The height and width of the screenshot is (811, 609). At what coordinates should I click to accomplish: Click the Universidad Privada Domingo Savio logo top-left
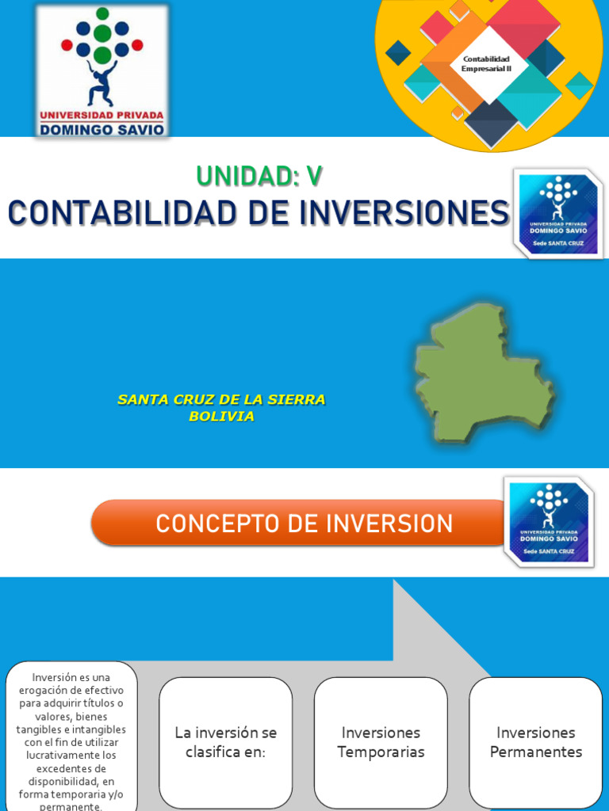102,72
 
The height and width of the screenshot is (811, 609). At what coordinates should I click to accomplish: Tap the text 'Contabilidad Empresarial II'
485,63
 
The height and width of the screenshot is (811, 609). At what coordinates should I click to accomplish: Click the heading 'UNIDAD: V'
259,176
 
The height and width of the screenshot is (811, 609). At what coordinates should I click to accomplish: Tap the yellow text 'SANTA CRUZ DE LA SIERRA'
221,400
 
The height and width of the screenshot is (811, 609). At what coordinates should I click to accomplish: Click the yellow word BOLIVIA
221,417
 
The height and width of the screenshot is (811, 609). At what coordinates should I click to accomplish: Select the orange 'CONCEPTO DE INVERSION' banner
304,524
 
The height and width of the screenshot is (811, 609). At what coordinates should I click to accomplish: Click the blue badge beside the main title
557,213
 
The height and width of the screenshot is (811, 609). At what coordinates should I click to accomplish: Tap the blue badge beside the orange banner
549,522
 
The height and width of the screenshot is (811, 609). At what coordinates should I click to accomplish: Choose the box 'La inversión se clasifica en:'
225,742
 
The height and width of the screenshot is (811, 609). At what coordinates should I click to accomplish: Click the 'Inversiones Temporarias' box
381,742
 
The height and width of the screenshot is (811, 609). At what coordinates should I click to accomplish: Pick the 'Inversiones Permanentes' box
535,742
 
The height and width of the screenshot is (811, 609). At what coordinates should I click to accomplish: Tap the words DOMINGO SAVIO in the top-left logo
102,129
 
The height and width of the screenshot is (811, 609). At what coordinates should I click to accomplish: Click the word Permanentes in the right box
535,752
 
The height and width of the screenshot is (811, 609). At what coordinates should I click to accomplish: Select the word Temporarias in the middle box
381,752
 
